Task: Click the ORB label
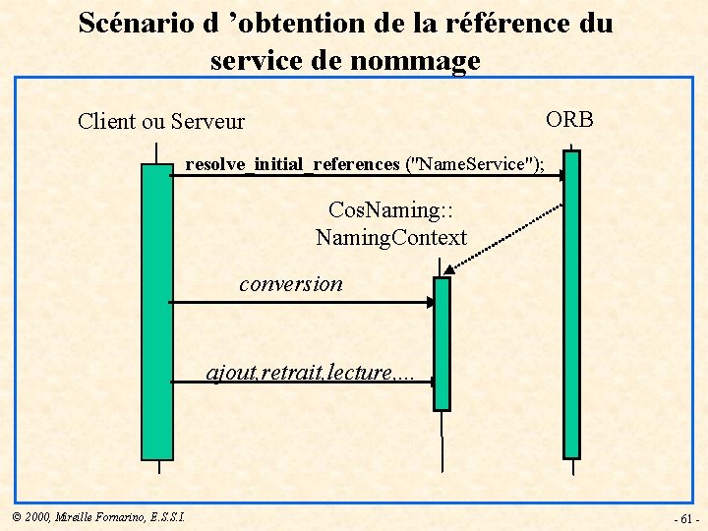569,120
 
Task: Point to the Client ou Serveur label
161,122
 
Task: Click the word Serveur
207,122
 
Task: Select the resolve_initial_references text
292,164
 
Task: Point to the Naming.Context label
390,237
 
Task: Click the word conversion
291,284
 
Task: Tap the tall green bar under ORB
571,305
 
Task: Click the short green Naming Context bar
442,343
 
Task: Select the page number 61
686,518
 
